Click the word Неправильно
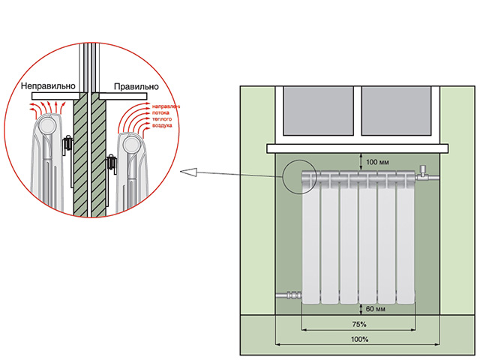(x=46, y=88)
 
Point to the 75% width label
(x=358, y=324)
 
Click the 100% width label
(x=358, y=340)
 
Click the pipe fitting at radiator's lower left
(x=288, y=296)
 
